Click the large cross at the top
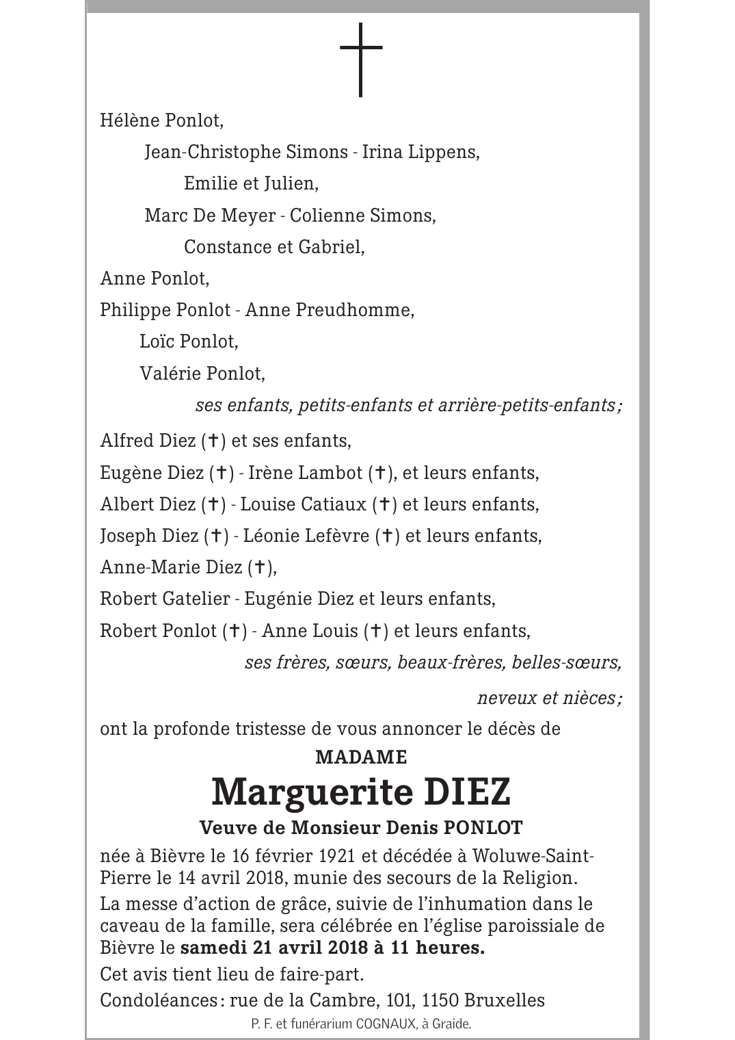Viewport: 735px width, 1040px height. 360,60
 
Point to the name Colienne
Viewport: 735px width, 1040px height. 327,216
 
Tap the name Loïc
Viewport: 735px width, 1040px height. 157,341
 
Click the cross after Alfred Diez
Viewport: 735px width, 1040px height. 213,441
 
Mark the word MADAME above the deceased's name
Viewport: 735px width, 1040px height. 361,757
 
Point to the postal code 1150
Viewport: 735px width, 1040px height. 440,1000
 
